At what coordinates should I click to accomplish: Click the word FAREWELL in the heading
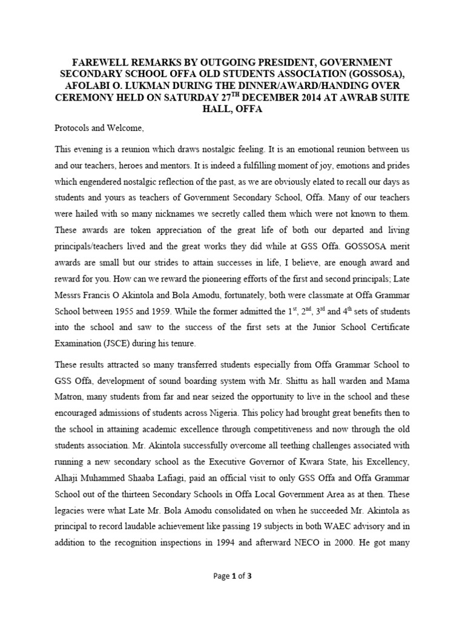point(102,62)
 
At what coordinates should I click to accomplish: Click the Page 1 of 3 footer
point(232,576)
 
